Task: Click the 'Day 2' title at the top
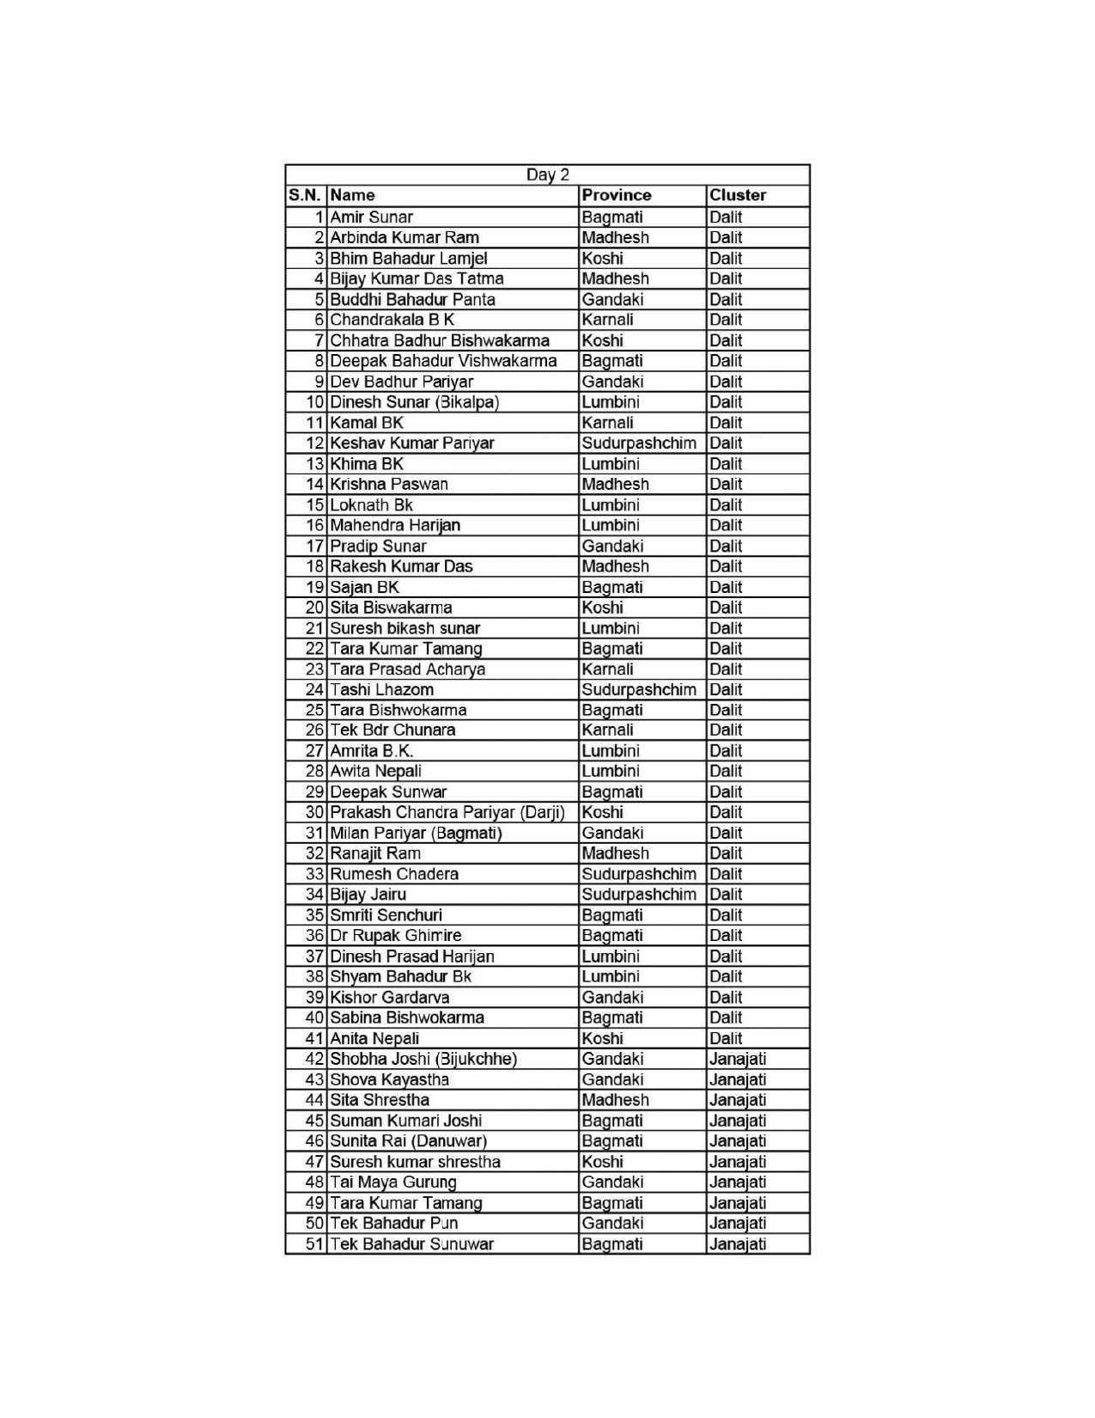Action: tap(547, 175)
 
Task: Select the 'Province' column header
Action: tap(616, 195)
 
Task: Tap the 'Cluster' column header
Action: tap(737, 195)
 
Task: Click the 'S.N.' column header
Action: tap(305, 195)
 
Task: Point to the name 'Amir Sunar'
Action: tap(371, 217)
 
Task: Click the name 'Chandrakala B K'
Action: tap(392, 320)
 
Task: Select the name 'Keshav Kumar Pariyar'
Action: tap(412, 443)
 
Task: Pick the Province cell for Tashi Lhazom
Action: tap(638, 689)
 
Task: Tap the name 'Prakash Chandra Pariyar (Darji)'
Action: tap(447, 812)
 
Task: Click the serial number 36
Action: tap(314, 935)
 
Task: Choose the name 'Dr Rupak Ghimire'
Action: tap(395, 935)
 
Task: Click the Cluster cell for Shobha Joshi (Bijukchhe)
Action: tap(737, 1059)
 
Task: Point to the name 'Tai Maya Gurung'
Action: tap(393, 1182)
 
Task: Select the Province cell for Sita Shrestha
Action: tap(615, 1100)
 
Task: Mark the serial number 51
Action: tap(314, 1244)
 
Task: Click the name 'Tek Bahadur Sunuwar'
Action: tap(411, 1244)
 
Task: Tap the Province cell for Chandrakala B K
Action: tap(607, 320)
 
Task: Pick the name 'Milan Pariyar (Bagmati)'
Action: tap(416, 833)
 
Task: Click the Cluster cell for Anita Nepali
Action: tap(726, 1038)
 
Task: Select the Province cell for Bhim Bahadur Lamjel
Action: tap(602, 258)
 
